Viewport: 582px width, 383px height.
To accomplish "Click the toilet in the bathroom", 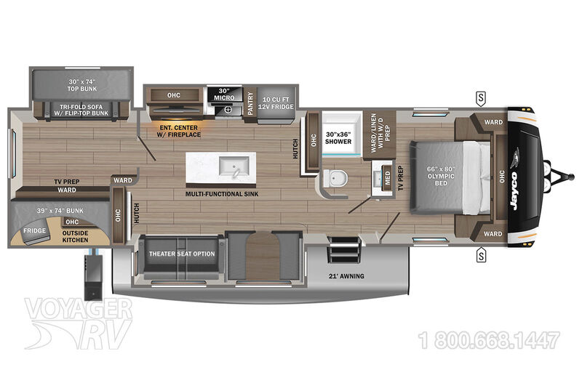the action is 335,178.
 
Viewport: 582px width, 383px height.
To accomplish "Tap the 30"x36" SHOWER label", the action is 338,138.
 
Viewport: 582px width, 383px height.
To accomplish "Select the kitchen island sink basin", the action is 234,166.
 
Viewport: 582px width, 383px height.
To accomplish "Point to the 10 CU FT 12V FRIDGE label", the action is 276,103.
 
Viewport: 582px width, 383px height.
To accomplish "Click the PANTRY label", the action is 250,103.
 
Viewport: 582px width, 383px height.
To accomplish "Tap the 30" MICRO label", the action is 224,94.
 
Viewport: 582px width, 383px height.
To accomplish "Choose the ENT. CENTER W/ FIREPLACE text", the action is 178,131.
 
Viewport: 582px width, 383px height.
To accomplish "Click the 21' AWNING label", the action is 346,276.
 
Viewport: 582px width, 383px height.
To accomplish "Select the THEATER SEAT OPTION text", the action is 182,254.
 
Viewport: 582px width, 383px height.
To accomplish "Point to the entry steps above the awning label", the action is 344,249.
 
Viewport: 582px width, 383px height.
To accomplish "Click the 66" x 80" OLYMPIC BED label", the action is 441,176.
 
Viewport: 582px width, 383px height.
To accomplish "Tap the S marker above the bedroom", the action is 481,99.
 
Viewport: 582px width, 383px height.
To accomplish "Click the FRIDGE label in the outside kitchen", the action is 34,230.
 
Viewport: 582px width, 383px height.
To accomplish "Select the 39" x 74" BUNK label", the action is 60,211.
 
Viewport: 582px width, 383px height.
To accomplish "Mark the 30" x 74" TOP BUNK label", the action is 82,85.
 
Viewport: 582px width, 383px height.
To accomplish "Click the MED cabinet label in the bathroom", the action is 388,178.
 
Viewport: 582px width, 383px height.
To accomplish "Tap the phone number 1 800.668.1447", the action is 489,340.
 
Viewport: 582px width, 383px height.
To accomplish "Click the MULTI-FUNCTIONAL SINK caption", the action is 222,193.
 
